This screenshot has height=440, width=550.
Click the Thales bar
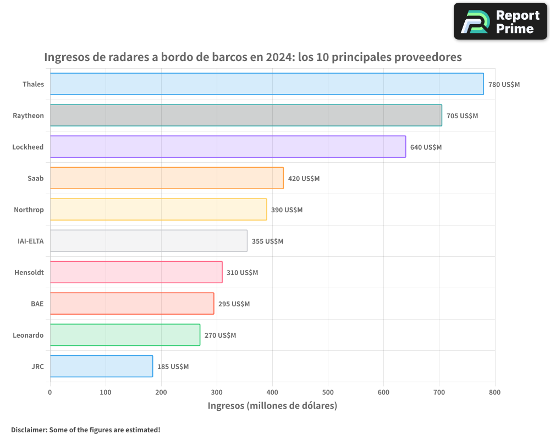click(267, 84)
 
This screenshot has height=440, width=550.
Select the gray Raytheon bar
click(246, 116)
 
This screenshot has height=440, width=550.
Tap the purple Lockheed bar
click(228, 147)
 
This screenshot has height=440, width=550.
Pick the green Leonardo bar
click(125, 335)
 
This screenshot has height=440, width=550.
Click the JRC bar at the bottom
click(101, 366)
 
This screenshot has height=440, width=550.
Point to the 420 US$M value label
click(304, 179)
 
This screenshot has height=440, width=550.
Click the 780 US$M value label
click(504, 85)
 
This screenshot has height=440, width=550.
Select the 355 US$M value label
click(267, 241)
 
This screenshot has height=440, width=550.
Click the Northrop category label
click(29, 210)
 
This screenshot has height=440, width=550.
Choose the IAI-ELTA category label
click(31, 241)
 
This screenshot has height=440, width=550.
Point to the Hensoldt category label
click(29, 272)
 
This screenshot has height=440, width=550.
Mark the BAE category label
click(37, 304)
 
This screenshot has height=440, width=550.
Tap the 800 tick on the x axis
click(494, 392)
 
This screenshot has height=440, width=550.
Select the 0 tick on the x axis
click(50, 392)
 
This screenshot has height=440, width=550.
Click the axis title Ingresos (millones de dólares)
click(272, 406)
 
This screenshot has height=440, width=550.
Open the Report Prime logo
click(500, 21)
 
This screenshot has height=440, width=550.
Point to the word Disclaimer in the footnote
click(29, 430)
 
